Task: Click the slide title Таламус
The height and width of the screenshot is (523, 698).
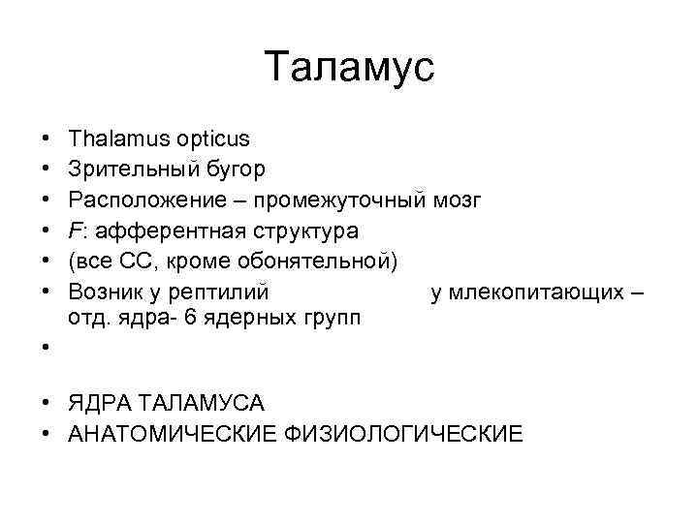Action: [x=349, y=68]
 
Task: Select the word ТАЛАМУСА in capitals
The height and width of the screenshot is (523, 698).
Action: [x=195, y=402]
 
